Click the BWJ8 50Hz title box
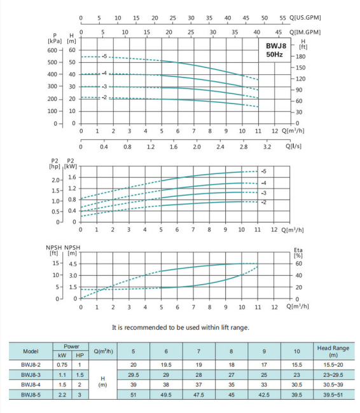coord(274,50)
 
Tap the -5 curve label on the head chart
coord(104,57)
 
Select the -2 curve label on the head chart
coord(104,97)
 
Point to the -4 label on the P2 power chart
coord(263,183)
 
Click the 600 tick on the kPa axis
coord(52,50)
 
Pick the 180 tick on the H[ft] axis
coord(300,57)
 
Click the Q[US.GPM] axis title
coord(305,18)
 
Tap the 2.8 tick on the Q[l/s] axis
coord(244,147)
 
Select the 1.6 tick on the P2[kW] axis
coord(72,177)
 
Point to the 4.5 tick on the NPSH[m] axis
coord(73,264)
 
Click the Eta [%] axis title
coord(298,253)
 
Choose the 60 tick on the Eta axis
coord(298,264)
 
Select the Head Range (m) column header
coord(333,351)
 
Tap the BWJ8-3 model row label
coord(31,375)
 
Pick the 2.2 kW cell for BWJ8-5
coord(62,395)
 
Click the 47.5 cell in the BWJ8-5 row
coord(198,395)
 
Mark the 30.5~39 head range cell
coord(333,385)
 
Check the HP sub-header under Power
coord(80,356)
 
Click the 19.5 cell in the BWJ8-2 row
coord(166,365)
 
